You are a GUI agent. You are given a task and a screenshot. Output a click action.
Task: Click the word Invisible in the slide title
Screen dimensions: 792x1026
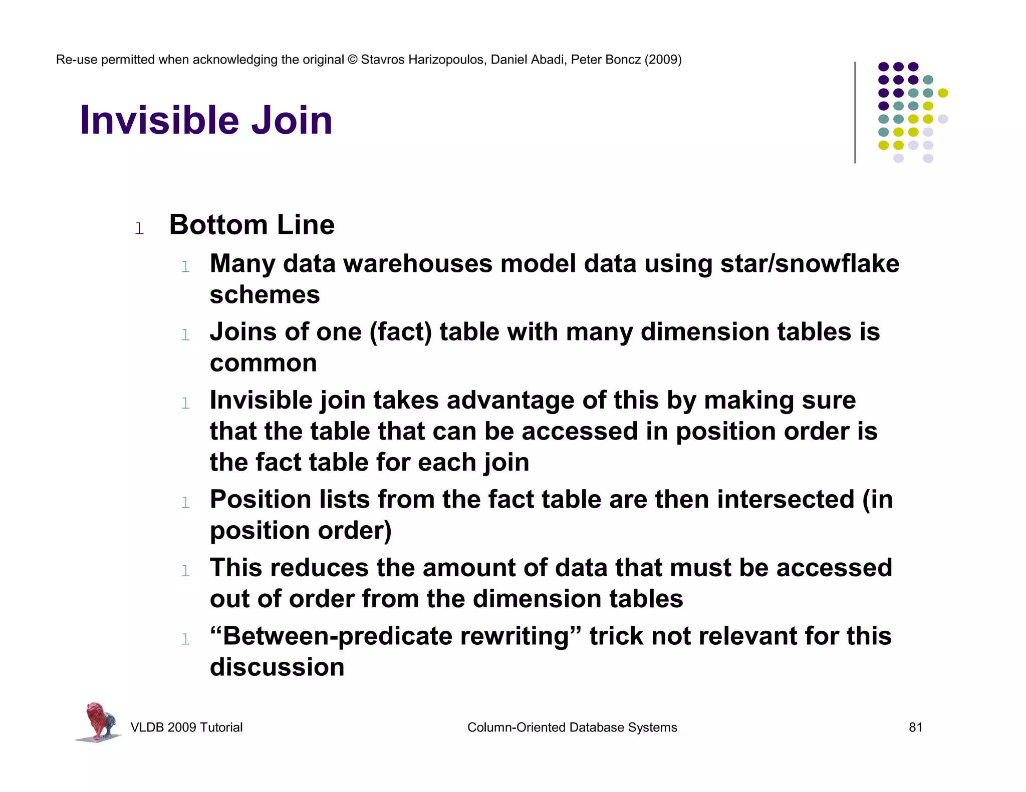[x=161, y=120]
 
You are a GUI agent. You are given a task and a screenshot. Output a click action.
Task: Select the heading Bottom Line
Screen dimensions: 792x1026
[x=251, y=225]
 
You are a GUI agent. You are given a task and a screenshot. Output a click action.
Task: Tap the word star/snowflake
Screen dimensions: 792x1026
[x=810, y=264]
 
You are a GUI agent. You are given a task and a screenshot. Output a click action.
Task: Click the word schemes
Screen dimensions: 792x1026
[x=265, y=295]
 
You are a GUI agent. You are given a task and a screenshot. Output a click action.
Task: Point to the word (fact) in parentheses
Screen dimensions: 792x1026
[x=401, y=332]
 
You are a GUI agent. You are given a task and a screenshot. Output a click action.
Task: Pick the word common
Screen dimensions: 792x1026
[x=263, y=363]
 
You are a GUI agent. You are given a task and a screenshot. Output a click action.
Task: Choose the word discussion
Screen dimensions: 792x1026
[x=277, y=667]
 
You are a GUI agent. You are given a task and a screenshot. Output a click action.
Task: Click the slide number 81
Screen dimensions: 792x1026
[x=915, y=727]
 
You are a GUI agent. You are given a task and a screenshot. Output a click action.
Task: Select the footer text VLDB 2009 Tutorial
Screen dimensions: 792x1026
[x=186, y=727]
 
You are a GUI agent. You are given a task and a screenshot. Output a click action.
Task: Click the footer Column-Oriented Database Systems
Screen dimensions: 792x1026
[x=572, y=727]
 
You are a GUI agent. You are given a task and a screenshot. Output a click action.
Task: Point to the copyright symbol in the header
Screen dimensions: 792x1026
[x=353, y=60]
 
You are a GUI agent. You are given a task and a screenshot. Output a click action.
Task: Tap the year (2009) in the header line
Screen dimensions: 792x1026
[x=663, y=60]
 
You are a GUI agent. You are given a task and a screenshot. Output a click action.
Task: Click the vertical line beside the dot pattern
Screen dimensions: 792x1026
[x=855, y=112]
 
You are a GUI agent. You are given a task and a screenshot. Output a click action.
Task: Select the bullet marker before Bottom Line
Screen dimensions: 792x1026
[x=139, y=229]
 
